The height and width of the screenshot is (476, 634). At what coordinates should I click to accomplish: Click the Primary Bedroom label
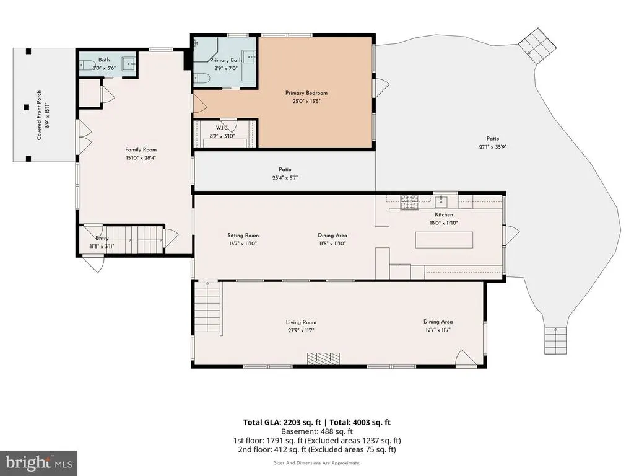306,93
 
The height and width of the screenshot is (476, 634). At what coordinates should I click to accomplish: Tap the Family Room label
141,150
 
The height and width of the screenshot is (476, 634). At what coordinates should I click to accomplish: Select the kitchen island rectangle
444,240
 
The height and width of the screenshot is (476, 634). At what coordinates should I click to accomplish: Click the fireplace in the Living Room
323,358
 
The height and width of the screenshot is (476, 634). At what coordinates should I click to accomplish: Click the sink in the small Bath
129,64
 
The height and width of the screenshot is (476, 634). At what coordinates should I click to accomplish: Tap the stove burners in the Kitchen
409,203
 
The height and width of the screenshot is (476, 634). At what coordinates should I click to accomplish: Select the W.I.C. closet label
222,128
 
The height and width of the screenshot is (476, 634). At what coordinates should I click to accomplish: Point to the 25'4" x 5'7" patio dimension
285,178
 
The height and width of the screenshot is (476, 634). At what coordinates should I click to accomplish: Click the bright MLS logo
38,463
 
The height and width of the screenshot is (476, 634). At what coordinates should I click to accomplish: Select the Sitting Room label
243,235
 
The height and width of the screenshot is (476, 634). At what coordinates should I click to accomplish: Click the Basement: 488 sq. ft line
317,431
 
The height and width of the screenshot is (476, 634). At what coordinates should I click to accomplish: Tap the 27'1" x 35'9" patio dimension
492,147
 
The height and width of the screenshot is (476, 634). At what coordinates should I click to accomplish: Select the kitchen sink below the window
441,201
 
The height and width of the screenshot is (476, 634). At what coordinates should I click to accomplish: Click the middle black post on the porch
27,107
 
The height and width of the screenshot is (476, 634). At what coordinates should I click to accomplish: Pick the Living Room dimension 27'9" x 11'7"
302,330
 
